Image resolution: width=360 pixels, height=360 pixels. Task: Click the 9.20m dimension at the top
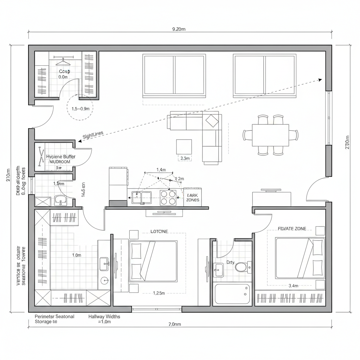click(x=179, y=29)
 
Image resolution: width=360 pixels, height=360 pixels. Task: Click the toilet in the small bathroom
click(x=241, y=267)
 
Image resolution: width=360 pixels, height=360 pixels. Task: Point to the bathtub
click(x=232, y=294)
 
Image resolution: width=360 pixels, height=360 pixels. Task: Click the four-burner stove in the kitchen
click(x=168, y=198)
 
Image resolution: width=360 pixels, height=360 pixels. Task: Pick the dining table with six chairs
click(x=270, y=135)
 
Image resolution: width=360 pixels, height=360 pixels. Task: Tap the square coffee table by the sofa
click(x=184, y=147)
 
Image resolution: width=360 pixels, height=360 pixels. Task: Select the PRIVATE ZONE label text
click(x=292, y=229)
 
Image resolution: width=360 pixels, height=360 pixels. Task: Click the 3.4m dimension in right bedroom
click(x=293, y=285)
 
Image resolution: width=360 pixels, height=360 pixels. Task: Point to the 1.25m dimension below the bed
click(x=159, y=293)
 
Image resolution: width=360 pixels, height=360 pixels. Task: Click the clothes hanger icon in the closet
click(x=63, y=62)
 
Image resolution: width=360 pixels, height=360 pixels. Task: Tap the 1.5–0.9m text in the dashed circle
click(x=80, y=109)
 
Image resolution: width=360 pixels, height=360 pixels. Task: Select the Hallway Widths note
click(x=104, y=319)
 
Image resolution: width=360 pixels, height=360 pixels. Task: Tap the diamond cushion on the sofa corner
click(x=212, y=121)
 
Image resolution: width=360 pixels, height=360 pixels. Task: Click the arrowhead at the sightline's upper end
click(x=320, y=80)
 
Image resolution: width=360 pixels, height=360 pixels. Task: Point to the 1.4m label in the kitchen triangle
click(x=161, y=170)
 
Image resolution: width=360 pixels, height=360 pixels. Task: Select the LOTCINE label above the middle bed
click(x=159, y=231)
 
